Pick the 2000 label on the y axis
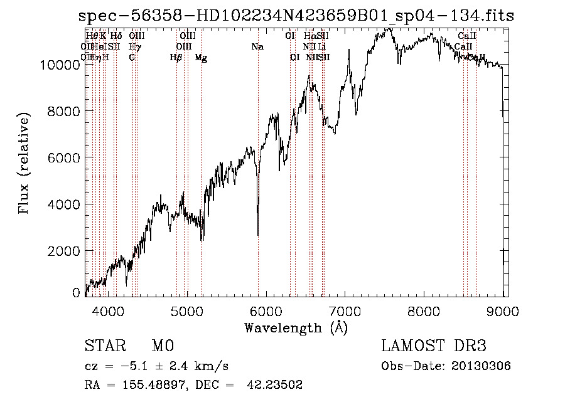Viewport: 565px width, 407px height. (65, 251)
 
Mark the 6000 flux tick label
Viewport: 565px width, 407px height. (65, 158)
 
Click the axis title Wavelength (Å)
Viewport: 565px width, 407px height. (296, 327)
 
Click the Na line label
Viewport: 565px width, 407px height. (257, 46)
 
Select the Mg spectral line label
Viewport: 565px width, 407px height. (201, 58)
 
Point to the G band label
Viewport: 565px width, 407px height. (132, 58)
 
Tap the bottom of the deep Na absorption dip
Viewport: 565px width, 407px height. (258, 234)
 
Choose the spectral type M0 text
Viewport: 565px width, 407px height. (162, 346)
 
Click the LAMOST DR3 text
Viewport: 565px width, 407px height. (434, 346)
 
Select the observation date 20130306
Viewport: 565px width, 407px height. (482, 366)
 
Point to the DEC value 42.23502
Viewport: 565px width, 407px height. (276, 385)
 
